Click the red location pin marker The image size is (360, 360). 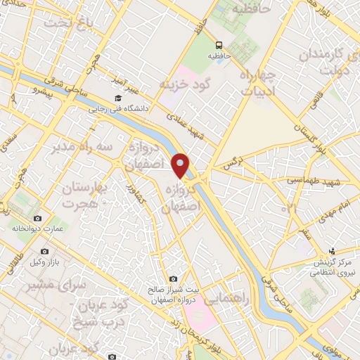pyautogui.click(x=181, y=165)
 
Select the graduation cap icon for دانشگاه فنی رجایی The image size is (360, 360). pyautogui.click(x=117, y=98)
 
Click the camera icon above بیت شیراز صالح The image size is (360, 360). pyautogui.click(x=173, y=279)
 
